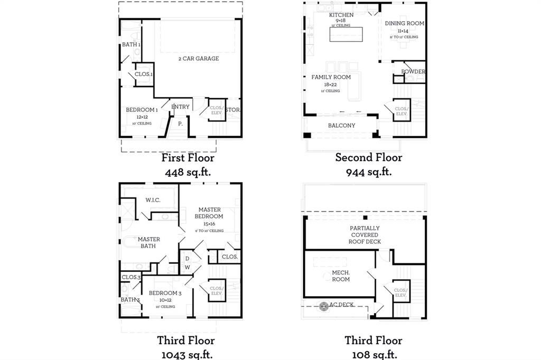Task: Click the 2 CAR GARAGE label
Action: click(x=198, y=59)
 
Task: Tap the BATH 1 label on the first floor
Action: click(x=131, y=45)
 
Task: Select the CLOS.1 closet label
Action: click(x=144, y=74)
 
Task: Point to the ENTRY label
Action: click(x=180, y=107)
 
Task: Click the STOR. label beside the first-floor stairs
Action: click(x=232, y=110)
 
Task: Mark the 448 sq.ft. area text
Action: click(x=188, y=172)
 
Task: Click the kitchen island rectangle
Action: click(x=346, y=34)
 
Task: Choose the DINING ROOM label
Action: click(x=404, y=23)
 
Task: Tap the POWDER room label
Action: click(x=413, y=72)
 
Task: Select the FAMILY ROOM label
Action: click(x=331, y=77)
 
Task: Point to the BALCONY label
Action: click(x=341, y=126)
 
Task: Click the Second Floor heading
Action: click(x=368, y=157)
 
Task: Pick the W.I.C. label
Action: click(x=153, y=200)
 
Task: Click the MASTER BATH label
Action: click(x=149, y=243)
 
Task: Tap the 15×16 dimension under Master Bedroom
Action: click(x=209, y=223)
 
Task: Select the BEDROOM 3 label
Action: click(x=165, y=293)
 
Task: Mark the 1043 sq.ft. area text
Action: click(x=186, y=354)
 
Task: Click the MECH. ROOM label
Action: click(x=341, y=276)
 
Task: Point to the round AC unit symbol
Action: click(x=323, y=305)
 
